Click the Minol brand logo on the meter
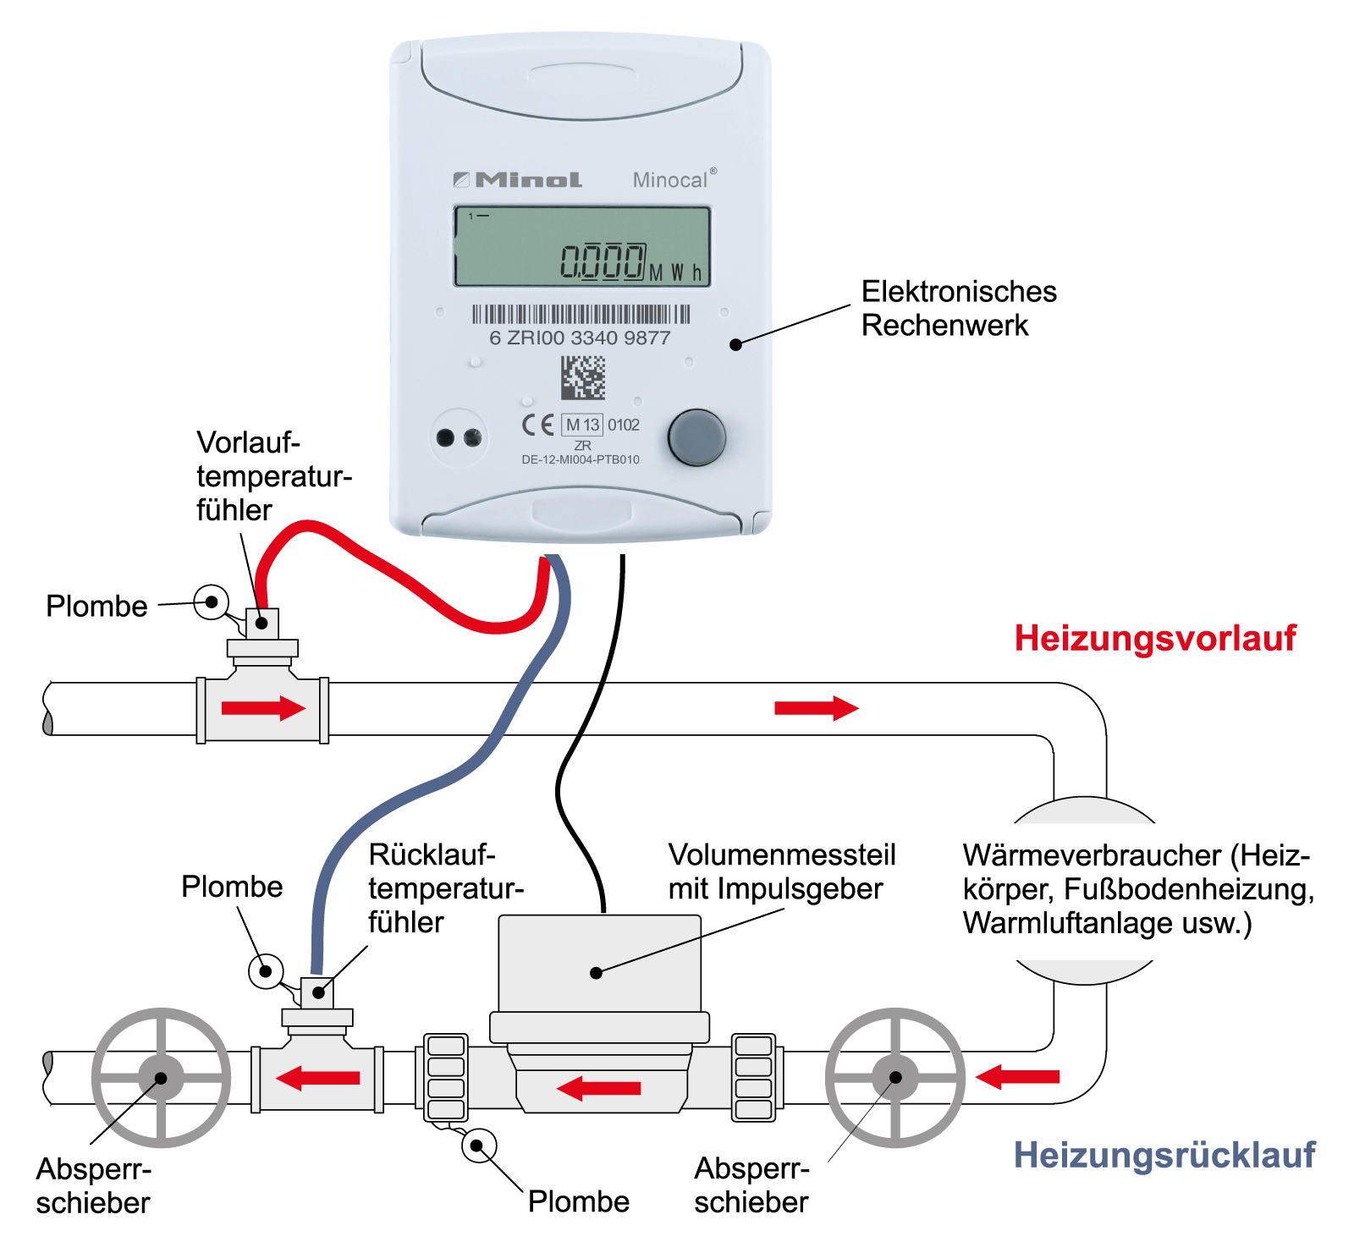click(518, 179)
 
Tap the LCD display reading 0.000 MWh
click(582, 246)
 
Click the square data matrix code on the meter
click(583, 377)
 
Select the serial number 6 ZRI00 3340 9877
click(580, 338)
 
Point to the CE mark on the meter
click(537, 425)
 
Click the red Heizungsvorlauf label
click(1154, 638)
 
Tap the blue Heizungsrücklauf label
click(1164, 1155)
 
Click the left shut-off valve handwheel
click(161, 1078)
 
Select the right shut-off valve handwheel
click(895, 1078)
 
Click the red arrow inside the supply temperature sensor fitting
click(263, 708)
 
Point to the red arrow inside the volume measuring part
click(599, 1088)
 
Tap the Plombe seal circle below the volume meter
click(478, 1146)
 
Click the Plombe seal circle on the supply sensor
click(211, 602)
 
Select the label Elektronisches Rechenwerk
click(959, 308)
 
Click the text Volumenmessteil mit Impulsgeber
click(781, 871)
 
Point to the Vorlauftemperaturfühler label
click(272, 476)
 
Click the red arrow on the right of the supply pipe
click(816, 708)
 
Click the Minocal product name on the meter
click(671, 179)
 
